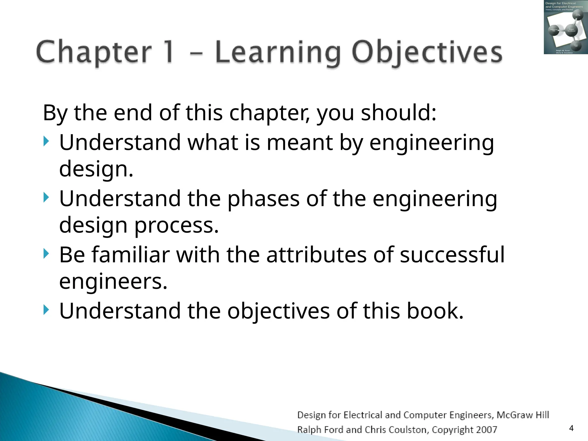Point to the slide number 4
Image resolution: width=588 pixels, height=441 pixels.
(x=571, y=428)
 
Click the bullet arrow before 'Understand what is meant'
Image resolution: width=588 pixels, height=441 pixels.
(x=46, y=142)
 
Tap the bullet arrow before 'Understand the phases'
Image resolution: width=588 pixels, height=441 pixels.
(x=46, y=198)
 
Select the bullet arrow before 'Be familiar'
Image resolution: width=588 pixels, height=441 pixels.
(x=46, y=254)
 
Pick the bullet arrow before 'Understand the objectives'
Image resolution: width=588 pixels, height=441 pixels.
(x=46, y=310)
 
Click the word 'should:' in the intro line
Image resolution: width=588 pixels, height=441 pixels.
(x=399, y=113)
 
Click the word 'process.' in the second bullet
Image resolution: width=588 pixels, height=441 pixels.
(x=176, y=225)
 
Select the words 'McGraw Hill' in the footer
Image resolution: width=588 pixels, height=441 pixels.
(x=523, y=415)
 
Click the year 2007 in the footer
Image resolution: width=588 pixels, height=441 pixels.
(x=486, y=430)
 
